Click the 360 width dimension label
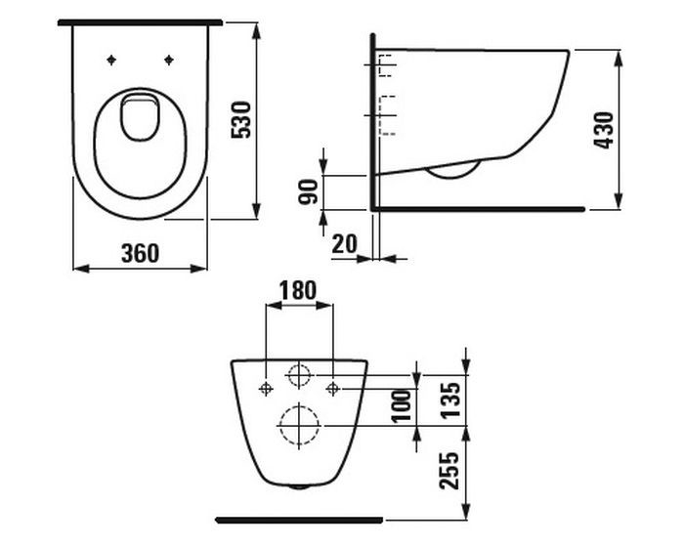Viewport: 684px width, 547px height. click(x=141, y=252)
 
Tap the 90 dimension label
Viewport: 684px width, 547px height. click(x=310, y=190)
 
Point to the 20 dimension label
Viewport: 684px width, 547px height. click(x=344, y=243)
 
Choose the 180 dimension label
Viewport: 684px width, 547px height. click(x=298, y=290)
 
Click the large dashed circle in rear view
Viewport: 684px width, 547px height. click(x=299, y=424)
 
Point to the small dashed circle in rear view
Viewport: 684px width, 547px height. click(x=299, y=375)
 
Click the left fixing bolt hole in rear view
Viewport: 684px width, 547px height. click(x=266, y=389)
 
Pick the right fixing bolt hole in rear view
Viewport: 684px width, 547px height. click(x=332, y=389)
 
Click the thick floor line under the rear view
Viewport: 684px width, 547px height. click(x=299, y=519)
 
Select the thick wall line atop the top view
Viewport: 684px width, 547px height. click(x=141, y=21)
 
